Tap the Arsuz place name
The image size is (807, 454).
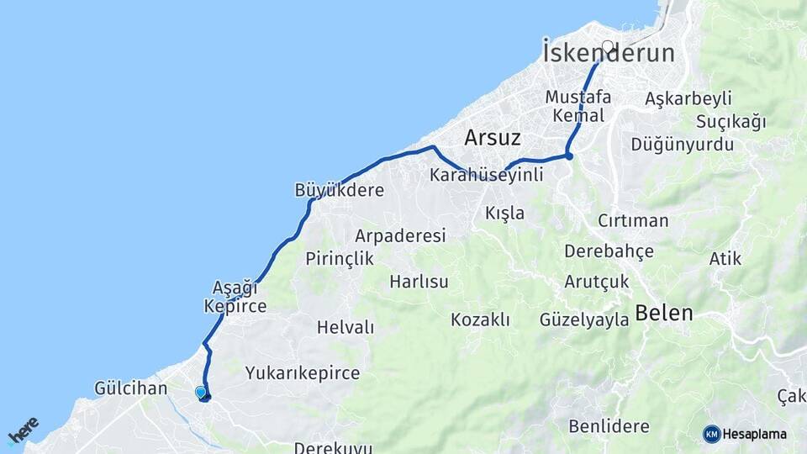click(x=493, y=138)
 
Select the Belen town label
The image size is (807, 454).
click(x=664, y=314)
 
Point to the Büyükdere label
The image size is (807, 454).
click(x=339, y=190)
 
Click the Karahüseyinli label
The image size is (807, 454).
click(x=486, y=176)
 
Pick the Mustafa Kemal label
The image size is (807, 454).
click(x=578, y=105)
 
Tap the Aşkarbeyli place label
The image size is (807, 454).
click(x=688, y=98)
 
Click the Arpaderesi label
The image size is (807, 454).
click(x=400, y=235)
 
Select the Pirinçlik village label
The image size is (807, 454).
click(x=340, y=258)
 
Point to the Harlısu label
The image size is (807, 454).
click(x=419, y=281)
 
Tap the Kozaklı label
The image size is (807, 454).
click(x=480, y=319)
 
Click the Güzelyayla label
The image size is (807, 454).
click(x=584, y=319)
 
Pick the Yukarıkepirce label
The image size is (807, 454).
click(x=303, y=372)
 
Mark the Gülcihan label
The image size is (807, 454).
click(x=131, y=388)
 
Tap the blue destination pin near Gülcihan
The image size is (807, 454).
click(x=200, y=392)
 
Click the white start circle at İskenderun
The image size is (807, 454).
click(x=608, y=46)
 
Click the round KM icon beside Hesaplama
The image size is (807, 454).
click(x=712, y=434)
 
